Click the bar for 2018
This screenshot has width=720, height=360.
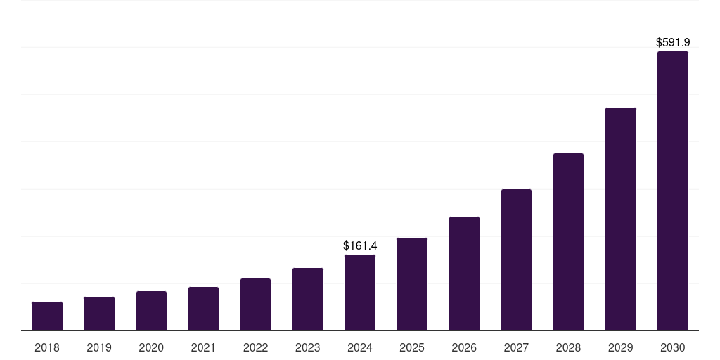click(x=47, y=316)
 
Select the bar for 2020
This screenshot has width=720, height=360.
click(x=151, y=311)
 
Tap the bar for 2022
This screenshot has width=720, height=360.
click(x=255, y=304)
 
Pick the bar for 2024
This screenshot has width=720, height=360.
click(x=360, y=292)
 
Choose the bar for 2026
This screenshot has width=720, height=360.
click(x=464, y=274)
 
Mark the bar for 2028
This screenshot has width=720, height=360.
click(x=568, y=242)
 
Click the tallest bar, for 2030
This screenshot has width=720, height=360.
click(x=673, y=191)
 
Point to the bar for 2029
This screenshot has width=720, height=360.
click(x=621, y=219)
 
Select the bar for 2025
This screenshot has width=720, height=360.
click(x=412, y=284)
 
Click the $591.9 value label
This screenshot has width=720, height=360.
click(x=673, y=43)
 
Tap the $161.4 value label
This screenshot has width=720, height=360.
click(x=360, y=246)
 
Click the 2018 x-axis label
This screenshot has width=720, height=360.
click(x=47, y=347)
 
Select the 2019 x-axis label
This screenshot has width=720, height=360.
click(x=99, y=347)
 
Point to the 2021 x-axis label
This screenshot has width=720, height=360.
click(x=203, y=347)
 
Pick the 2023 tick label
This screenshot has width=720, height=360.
click(x=308, y=347)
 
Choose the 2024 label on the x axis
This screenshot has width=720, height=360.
click(x=360, y=347)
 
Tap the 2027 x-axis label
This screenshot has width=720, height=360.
click(x=516, y=347)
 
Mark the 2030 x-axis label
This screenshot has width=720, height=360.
click(x=673, y=347)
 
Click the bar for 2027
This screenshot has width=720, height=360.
click(x=516, y=260)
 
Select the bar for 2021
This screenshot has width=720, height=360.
click(x=203, y=309)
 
